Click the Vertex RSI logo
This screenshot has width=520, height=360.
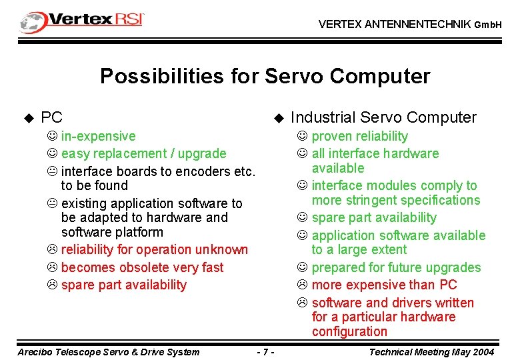pyautogui.click(x=82, y=21)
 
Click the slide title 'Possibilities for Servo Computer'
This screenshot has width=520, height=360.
pyautogui.click(x=265, y=77)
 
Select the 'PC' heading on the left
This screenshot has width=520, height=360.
pyautogui.click(x=51, y=118)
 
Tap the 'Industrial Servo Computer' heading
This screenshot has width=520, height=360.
pyautogui.click(x=383, y=118)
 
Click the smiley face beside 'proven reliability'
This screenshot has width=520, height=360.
pyautogui.click(x=302, y=137)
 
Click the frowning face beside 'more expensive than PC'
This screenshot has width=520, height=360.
pyautogui.click(x=302, y=285)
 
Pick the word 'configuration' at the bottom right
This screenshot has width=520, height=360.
pyautogui.click(x=349, y=332)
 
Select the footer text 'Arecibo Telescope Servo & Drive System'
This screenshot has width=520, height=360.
pyautogui.click(x=108, y=351)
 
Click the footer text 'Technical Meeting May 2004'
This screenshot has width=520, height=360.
pyautogui.click(x=431, y=351)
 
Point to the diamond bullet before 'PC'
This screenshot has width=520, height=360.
pyautogui.click(x=28, y=119)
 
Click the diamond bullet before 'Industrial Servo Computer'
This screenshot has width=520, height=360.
pyautogui.click(x=279, y=119)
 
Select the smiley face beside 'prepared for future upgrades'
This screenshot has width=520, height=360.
pyautogui.click(x=302, y=268)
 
